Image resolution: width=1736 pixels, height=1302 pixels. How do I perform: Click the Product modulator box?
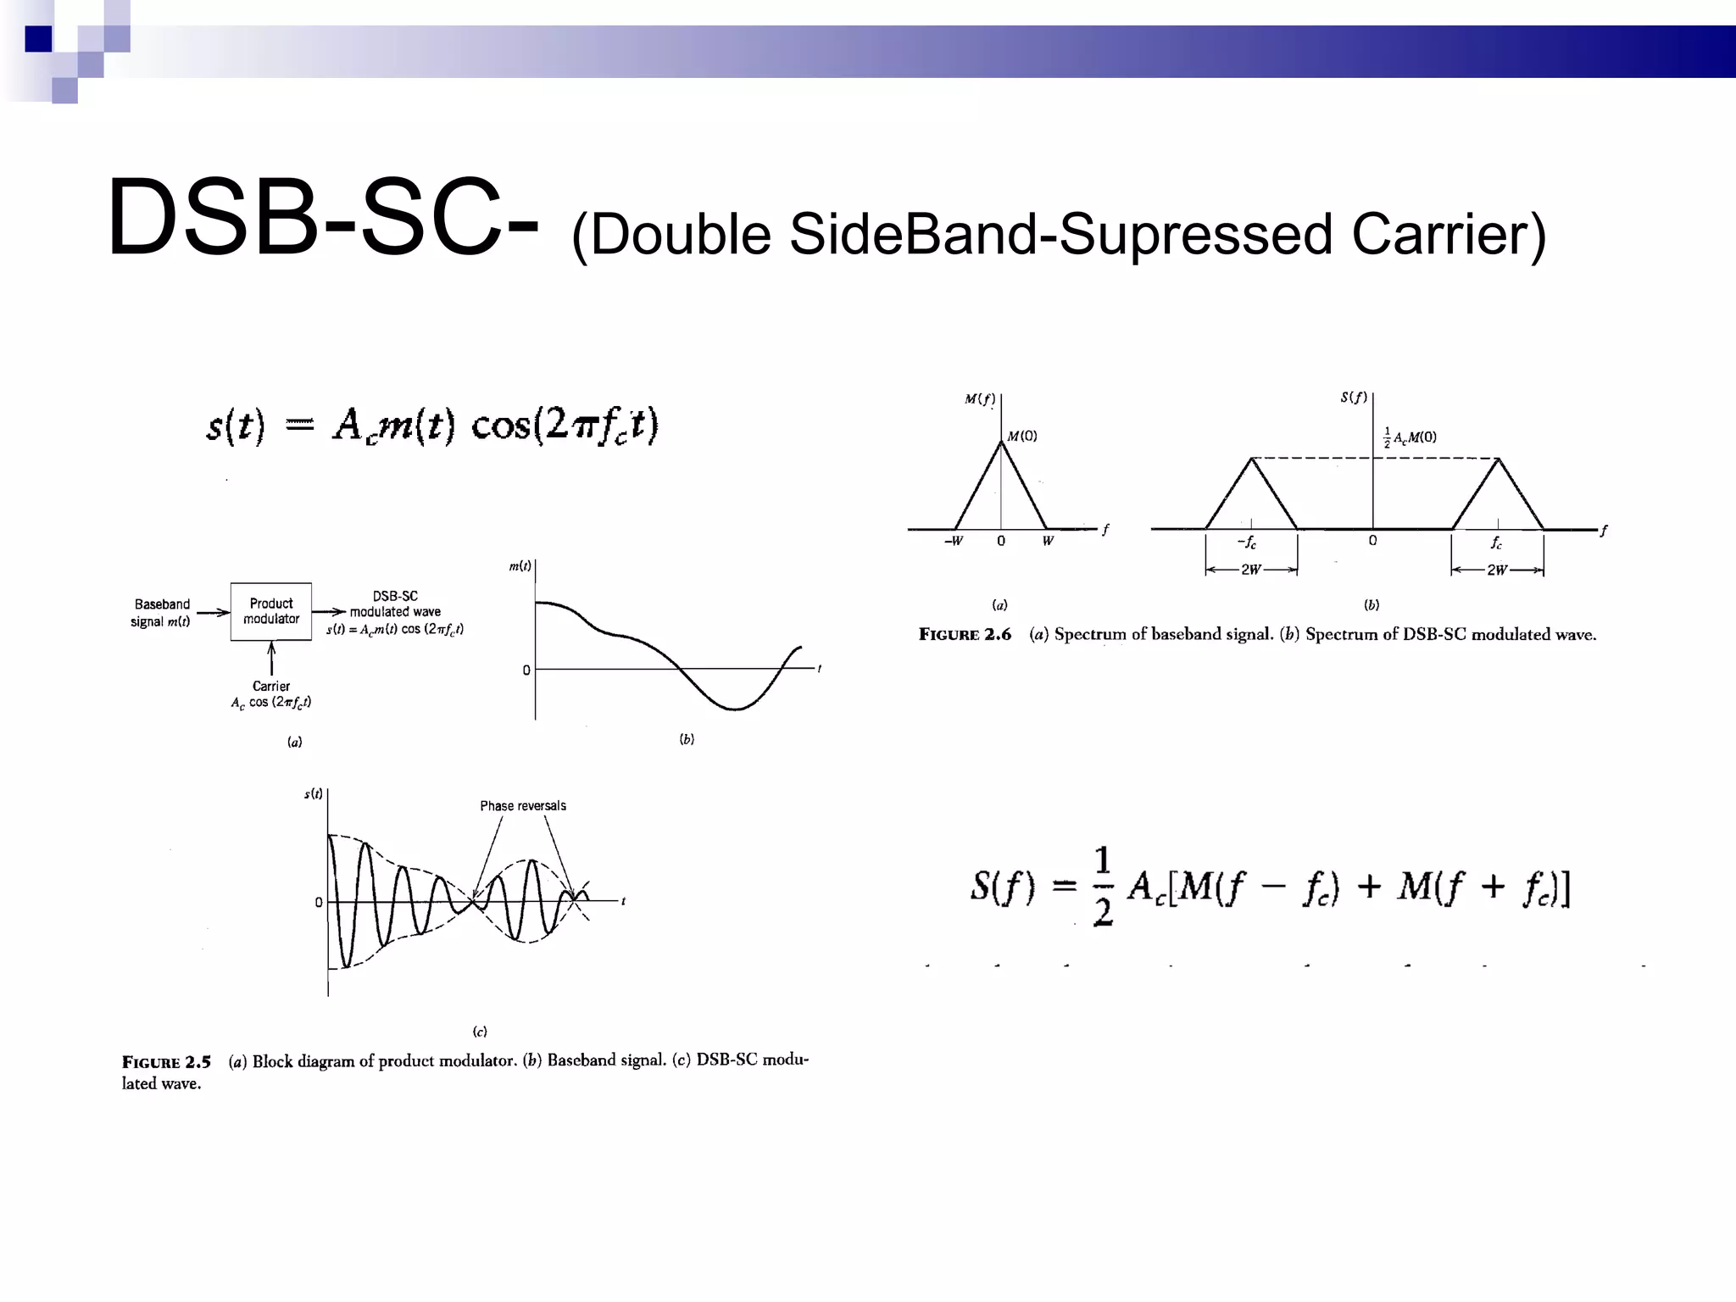[x=271, y=611]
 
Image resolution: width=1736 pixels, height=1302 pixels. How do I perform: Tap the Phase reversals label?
[x=523, y=805]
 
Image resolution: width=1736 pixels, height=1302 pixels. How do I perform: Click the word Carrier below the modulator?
[x=271, y=686]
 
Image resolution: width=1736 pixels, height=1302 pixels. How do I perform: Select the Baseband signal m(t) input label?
[x=161, y=612]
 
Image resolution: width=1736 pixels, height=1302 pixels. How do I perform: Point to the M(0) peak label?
[x=1022, y=436]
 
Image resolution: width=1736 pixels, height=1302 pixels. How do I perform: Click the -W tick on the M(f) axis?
[x=954, y=541]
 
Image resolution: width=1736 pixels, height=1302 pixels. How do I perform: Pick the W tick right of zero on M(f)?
[x=1048, y=541]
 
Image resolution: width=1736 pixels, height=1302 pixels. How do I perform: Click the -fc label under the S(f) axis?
[x=1247, y=542]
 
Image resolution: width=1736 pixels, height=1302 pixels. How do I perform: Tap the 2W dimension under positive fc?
[x=1497, y=570]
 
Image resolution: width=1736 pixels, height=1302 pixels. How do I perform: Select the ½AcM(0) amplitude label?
[x=1410, y=437]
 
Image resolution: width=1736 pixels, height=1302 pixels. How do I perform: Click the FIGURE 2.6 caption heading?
[x=965, y=635]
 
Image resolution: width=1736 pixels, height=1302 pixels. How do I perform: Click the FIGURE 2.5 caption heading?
[x=166, y=1062]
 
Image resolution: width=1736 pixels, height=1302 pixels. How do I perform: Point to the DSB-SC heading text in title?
[x=322, y=217]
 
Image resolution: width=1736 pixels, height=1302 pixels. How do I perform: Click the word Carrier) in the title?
[x=1449, y=234]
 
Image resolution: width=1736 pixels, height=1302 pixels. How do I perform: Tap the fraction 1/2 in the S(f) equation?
[x=1102, y=887]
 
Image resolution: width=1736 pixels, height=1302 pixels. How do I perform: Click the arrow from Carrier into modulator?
[x=271, y=659]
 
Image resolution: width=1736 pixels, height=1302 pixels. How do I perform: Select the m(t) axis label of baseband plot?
[x=520, y=565]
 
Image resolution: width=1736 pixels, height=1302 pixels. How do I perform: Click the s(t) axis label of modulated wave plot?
[x=314, y=793]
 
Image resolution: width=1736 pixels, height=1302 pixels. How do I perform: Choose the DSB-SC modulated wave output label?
[x=395, y=604]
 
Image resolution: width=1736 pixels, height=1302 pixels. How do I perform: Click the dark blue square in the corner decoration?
[x=38, y=39]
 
